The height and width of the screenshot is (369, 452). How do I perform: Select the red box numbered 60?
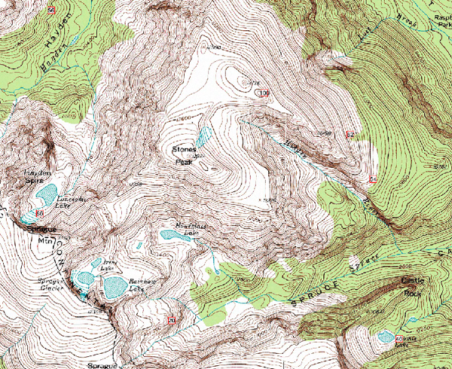click(38, 214)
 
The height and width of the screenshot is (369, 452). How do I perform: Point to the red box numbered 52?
click(350, 134)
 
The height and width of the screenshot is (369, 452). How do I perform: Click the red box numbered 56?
click(51, 9)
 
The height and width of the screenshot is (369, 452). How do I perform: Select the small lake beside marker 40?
click(385, 336)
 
